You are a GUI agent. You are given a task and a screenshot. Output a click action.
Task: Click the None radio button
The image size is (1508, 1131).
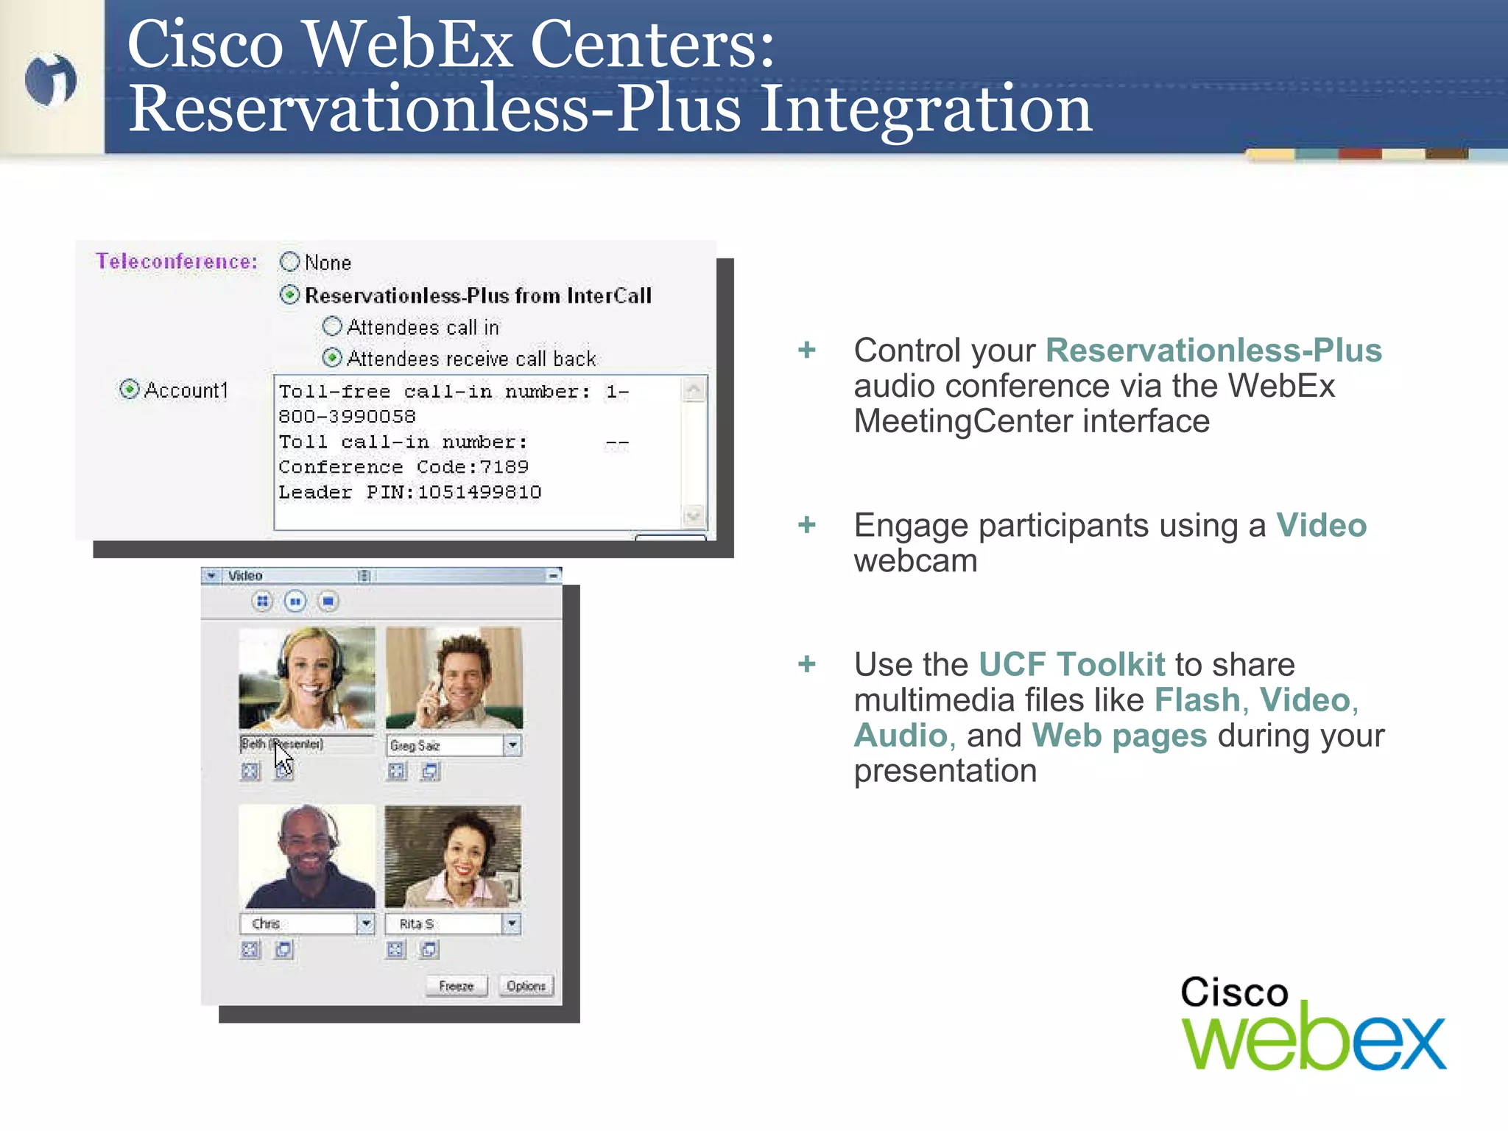[290, 262]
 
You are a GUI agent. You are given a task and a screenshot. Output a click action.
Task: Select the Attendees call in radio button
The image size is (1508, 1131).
[332, 326]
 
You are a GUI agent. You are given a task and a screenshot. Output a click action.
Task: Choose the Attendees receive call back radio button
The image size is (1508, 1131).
[332, 358]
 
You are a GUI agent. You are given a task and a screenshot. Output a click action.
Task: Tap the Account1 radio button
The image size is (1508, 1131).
[130, 389]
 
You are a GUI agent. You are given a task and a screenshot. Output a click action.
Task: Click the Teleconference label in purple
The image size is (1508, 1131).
[177, 261]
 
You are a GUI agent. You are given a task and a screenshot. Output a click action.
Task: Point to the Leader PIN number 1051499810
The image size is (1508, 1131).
[479, 492]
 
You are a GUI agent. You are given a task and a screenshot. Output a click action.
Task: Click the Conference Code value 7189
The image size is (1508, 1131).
[504, 467]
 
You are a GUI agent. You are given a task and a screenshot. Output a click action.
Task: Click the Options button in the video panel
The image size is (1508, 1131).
[526, 986]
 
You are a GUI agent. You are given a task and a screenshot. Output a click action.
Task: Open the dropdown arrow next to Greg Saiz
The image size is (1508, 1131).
[512, 745]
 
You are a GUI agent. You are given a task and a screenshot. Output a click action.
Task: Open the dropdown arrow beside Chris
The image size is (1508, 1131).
[366, 923]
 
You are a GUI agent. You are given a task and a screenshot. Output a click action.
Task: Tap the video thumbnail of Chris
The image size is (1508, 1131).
[307, 856]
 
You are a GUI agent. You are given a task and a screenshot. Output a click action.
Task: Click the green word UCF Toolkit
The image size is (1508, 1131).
[1071, 664]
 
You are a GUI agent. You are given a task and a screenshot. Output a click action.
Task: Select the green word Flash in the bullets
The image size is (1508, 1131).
[1197, 700]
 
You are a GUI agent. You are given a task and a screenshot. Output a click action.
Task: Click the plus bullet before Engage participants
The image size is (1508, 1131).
[807, 525]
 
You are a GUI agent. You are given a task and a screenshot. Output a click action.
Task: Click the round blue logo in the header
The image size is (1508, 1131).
[51, 80]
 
